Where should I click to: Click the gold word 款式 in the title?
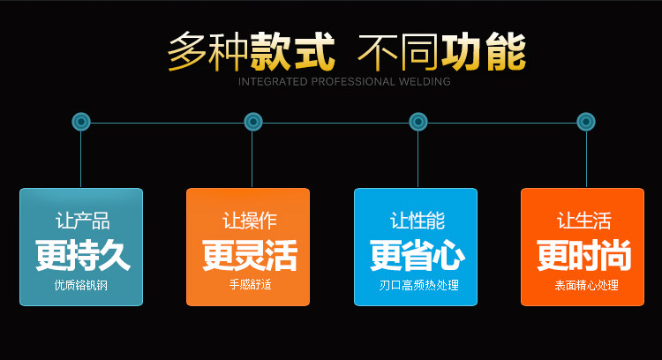(292, 51)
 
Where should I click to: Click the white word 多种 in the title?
(207, 51)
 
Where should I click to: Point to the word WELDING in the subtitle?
(421, 82)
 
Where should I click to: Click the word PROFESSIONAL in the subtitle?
(345, 82)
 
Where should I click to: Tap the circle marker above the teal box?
(81, 122)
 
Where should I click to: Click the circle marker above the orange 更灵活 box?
(253, 122)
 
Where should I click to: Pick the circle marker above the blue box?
(418, 122)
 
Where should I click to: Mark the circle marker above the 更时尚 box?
(585, 122)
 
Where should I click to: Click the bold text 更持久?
(82, 256)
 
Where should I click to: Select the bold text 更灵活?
(249, 256)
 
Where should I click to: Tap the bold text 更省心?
(417, 256)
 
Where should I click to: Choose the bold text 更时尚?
(583, 256)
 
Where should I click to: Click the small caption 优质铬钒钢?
(82, 286)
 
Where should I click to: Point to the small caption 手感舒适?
(249, 286)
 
